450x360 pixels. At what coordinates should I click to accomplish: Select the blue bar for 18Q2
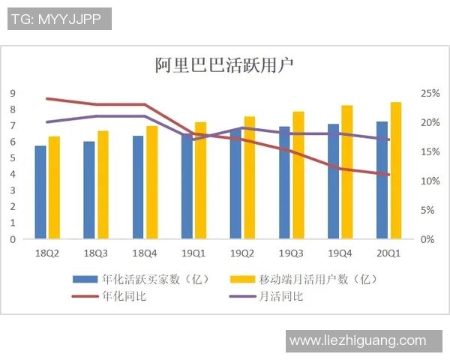coord(40,193)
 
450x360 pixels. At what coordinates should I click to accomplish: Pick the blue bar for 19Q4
coord(333,182)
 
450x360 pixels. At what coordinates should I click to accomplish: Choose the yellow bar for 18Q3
coord(103,185)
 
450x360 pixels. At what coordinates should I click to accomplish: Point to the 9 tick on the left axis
coord(13,93)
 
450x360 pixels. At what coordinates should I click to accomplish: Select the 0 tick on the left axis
coord(13,239)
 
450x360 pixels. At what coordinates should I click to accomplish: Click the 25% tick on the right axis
coord(429,93)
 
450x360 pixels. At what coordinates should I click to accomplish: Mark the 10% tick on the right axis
coord(429,181)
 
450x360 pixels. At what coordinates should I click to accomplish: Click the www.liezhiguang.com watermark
coord(358,341)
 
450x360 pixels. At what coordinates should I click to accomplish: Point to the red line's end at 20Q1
coord(388,175)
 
